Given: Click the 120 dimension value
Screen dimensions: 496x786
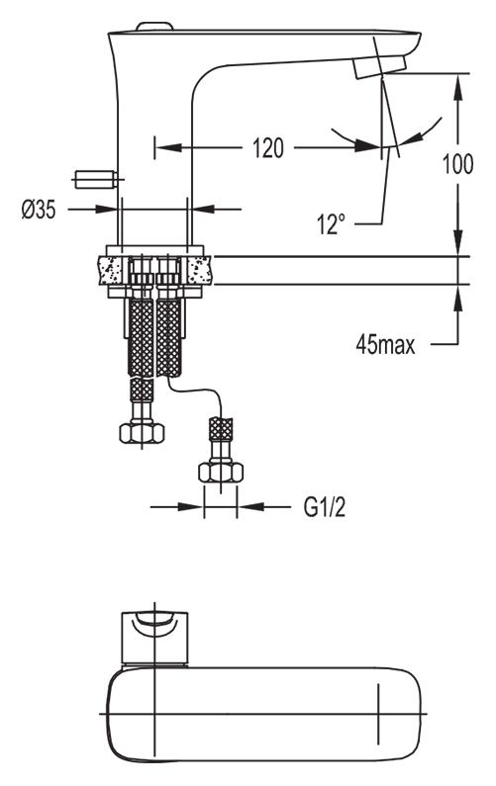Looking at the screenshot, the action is (267, 148).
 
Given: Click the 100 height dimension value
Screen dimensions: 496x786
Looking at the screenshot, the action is (457, 164).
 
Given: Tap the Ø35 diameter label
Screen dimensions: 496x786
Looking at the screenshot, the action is (39, 209).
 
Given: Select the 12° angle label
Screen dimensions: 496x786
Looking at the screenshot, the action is (332, 223).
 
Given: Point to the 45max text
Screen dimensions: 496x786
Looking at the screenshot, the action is (385, 344).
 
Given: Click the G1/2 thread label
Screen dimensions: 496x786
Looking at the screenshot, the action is (325, 507).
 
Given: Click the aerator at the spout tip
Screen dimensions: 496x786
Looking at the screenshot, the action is (379, 66).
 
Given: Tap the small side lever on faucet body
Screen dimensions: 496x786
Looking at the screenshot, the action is (96, 179).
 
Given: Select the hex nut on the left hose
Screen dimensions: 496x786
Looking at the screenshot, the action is (142, 433).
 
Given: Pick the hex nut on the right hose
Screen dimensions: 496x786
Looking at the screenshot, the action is (221, 473).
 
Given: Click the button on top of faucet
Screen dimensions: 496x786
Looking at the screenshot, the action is (155, 26).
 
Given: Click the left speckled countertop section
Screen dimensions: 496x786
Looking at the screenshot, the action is (114, 270).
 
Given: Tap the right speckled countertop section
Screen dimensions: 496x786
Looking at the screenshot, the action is (197, 270).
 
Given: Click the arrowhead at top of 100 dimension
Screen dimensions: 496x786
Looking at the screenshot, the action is (457, 87).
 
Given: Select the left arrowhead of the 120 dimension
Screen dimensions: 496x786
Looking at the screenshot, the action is (167, 148).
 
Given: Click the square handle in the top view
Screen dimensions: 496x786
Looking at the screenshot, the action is (155, 638).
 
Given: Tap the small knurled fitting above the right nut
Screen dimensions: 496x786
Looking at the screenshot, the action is (221, 429).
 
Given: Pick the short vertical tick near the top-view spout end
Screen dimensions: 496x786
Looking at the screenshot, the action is (378, 714).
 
